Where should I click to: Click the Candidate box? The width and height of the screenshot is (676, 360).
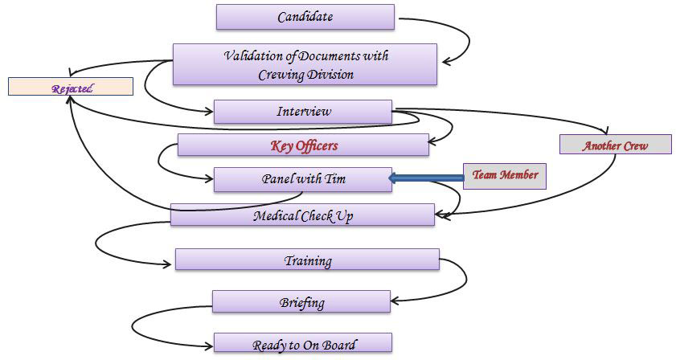click(305, 17)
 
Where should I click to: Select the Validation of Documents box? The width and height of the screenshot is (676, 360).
click(305, 64)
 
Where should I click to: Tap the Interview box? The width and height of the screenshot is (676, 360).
click(302, 112)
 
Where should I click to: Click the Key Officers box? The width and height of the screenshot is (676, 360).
click(303, 145)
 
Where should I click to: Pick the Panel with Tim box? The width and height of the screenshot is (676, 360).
click(302, 179)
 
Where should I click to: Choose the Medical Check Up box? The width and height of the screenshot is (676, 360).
click(302, 215)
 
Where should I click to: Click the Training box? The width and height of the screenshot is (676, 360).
click(307, 260)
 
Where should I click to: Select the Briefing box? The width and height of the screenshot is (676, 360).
click(301, 302)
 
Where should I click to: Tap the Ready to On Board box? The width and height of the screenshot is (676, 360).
click(302, 344)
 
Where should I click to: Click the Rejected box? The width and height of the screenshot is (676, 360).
click(71, 87)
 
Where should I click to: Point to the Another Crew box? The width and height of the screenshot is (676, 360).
click(615, 145)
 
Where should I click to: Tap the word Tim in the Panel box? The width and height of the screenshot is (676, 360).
click(335, 178)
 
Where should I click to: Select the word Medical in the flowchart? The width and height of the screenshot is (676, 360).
click(276, 215)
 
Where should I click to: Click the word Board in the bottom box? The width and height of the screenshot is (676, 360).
click(338, 345)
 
